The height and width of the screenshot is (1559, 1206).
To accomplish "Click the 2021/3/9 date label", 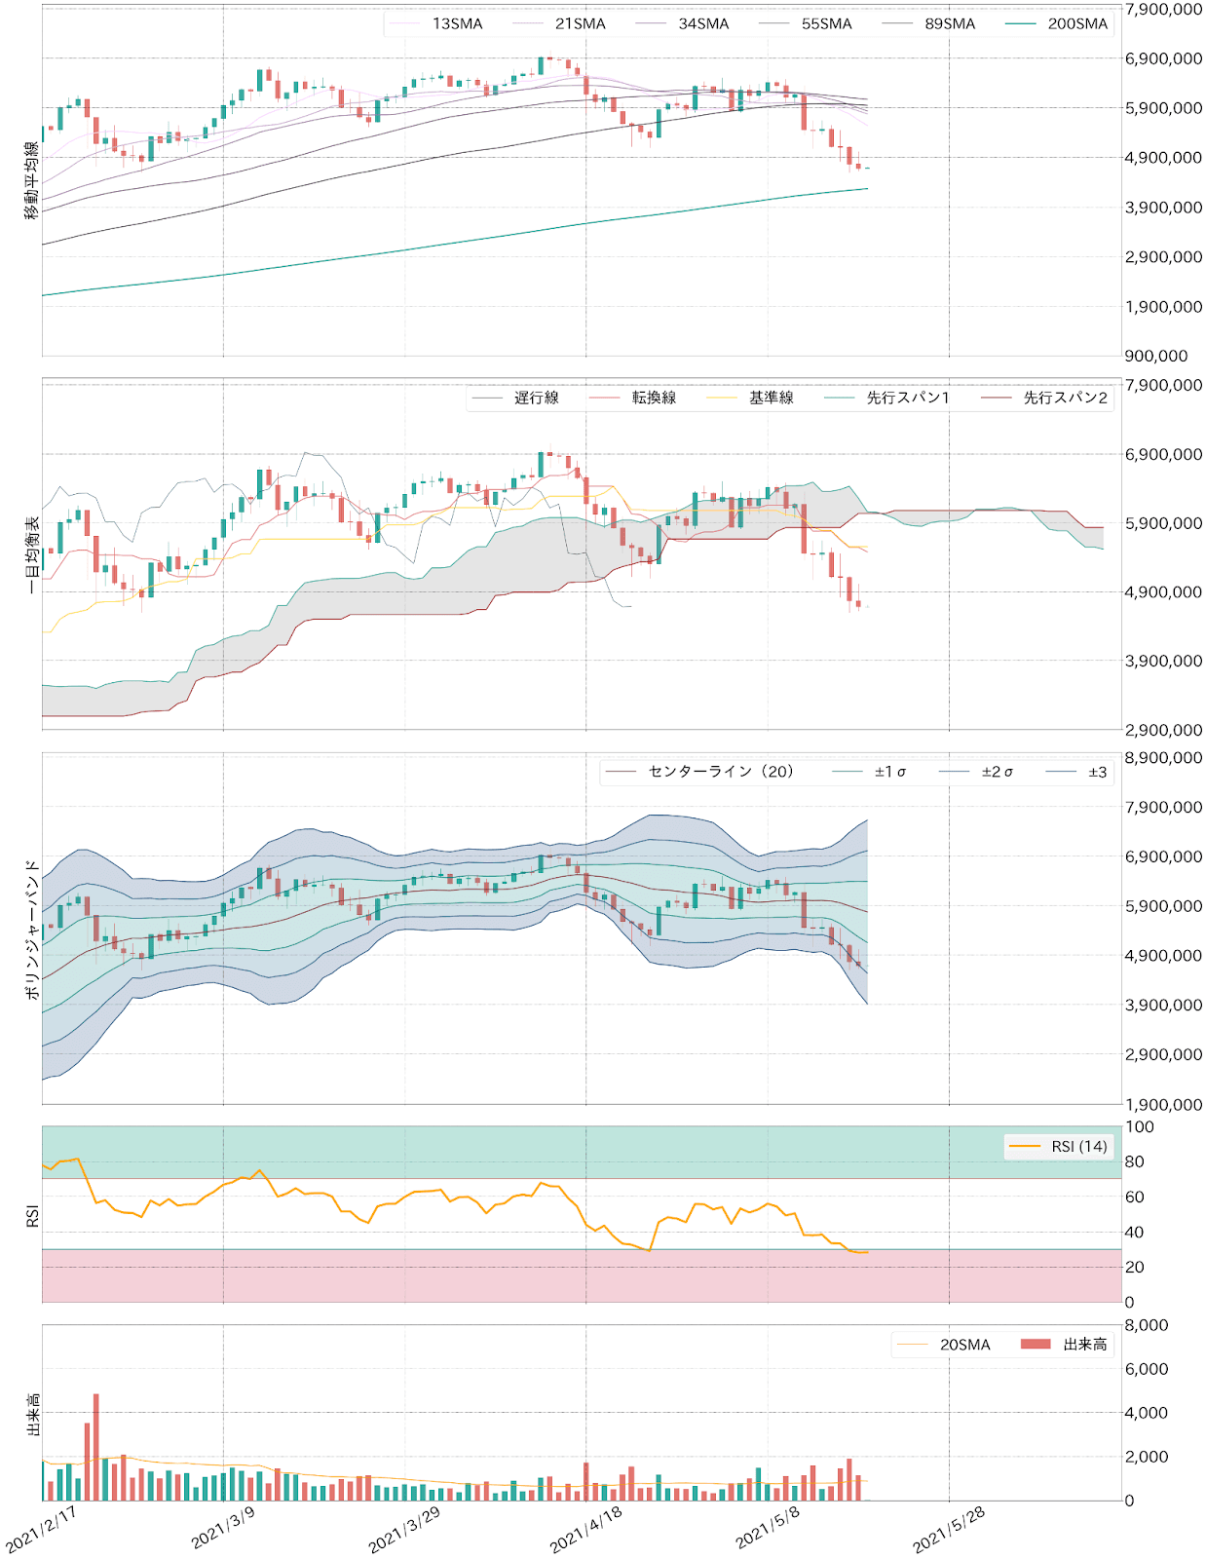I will (x=224, y=1527).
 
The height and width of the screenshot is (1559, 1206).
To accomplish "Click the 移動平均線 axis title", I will (x=32, y=180).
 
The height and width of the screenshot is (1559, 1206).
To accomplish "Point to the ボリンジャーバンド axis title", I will (x=32, y=929).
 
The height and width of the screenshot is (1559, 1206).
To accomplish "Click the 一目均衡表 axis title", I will (x=32, y=554).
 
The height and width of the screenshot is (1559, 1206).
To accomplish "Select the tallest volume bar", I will (x=96, y=1447).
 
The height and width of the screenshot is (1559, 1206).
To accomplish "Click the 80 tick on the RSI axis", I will (x=1134, y=1161).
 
